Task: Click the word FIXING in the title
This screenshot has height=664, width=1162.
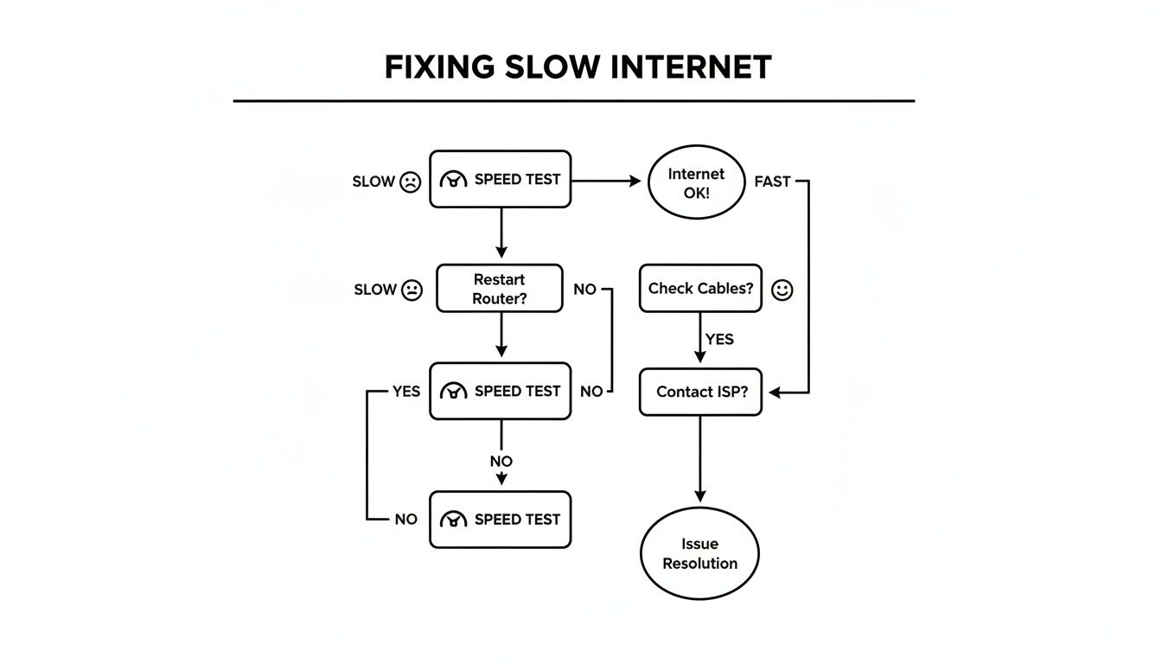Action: point(440,67)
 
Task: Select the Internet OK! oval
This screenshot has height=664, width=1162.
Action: point(696,182)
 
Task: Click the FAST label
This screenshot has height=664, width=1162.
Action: point(772,182)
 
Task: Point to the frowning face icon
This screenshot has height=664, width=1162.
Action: point(410,182)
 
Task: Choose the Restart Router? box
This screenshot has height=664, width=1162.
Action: point(500,289)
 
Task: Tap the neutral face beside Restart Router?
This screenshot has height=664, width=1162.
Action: point(412,290)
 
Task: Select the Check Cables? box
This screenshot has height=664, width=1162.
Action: point(700,289)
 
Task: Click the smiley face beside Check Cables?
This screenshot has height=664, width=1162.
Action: point(782,290)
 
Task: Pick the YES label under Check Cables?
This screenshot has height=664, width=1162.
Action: point(719,339)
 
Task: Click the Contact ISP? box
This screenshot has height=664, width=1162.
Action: point(700,392)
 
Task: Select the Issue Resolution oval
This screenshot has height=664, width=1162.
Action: point(699,553)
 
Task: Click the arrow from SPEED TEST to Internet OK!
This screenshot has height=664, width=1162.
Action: point(605,182)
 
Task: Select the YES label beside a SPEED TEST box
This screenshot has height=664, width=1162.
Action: point(405,392)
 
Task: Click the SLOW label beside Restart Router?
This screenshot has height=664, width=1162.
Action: point(375,290)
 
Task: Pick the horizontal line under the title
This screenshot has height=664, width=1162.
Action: point(573,101)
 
